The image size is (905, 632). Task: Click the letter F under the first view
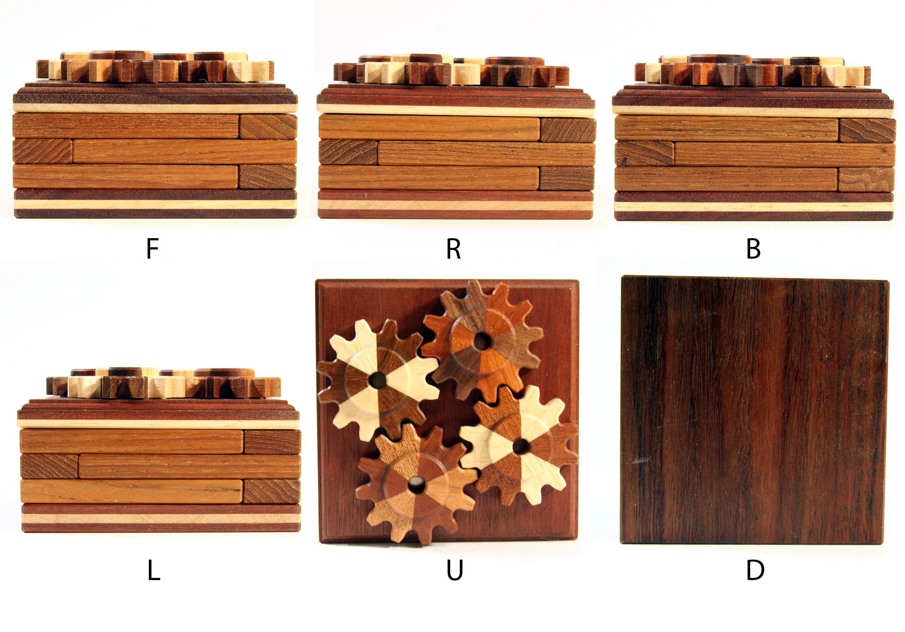(153, 249)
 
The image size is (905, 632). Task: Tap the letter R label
(454, 249)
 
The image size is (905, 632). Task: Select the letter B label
(754, 249)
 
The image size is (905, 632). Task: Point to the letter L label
(154, 570)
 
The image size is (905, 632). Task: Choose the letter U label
(455, 570)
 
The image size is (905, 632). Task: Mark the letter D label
(755, 570)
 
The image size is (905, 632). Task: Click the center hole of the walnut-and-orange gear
(482, 342)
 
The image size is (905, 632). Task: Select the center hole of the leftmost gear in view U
(377, 380)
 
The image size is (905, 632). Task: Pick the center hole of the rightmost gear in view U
(520, 446)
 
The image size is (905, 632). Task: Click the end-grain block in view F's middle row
(42, 152)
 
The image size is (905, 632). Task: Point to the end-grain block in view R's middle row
(348, 152)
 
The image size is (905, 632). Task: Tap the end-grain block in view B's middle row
(644, 154)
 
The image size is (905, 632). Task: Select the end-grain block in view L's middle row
(49, 466)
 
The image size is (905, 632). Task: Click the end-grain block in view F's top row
(268, 126)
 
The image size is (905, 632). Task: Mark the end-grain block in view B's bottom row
(867, 180)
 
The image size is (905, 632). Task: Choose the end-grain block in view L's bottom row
(272, 491)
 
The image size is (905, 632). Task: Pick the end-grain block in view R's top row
(568, 129)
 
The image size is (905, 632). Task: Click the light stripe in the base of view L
(161, 518)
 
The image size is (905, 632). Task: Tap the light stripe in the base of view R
(456, 205)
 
